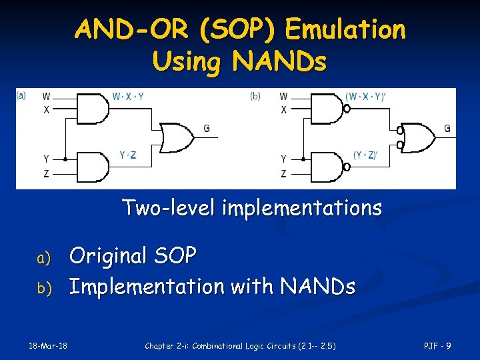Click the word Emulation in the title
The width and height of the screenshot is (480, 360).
345,29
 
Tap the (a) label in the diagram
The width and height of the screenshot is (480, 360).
21,95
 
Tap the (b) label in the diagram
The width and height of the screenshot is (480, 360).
255,96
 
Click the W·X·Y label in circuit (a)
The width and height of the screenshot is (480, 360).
128,96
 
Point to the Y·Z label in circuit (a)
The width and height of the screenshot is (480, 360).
128,155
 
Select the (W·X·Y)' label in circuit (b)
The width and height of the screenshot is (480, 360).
366,96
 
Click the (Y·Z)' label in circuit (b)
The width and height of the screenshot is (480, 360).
366,155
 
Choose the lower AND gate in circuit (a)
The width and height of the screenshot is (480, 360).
93,165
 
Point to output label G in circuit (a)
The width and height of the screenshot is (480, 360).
206,128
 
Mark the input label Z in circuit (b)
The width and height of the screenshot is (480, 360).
284,173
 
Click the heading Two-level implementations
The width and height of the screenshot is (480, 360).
252,208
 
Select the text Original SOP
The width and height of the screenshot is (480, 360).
133,255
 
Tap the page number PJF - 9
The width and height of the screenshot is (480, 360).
438,345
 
